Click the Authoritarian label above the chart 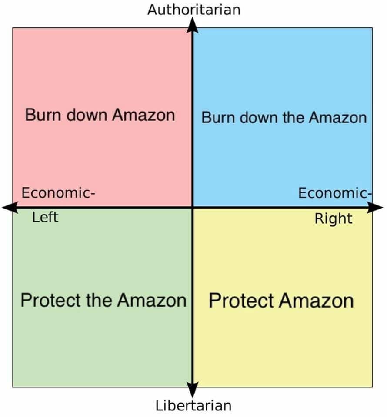pyautogui.click(x=193, y=10)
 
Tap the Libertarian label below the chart pyautogui.click(x=193, y=406)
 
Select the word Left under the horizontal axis pyautogui.click(x=45, y=217)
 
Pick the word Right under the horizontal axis pyautogui.click(x=334, y=218)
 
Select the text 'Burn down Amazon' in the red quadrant pyautogui.click(x=100, y=115)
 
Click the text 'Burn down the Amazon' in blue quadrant pyautogui.click(x=284, y=118)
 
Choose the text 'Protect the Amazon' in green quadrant pyautogui.click(x=103, y=300)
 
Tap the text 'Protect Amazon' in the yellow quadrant pyautogui.click(x=281, y=301)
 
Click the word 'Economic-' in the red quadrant pyautogui.click(x=58, y=192)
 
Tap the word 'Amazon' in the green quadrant pyautogui.click(x=152, y=300)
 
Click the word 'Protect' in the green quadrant pyautogui.click(x=51, y=300)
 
